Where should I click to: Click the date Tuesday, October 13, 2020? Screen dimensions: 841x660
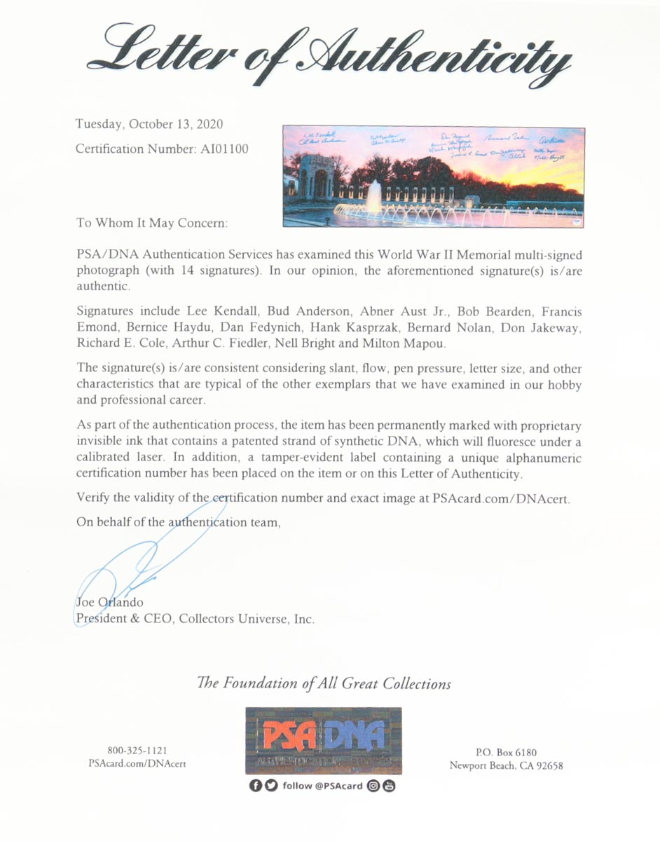coord(149,125)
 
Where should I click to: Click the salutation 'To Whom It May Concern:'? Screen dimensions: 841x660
coord(151,224)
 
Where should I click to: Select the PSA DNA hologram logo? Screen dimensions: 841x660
coord(323,740)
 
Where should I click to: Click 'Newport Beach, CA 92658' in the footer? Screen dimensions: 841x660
coord(507,765)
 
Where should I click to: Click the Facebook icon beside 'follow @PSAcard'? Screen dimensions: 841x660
coord(256,786)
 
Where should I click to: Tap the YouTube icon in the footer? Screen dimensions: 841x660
coord(389,786)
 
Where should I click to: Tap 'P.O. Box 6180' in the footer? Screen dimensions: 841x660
coord(507,752)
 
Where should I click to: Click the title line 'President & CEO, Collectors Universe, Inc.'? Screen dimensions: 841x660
coord(195,619)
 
